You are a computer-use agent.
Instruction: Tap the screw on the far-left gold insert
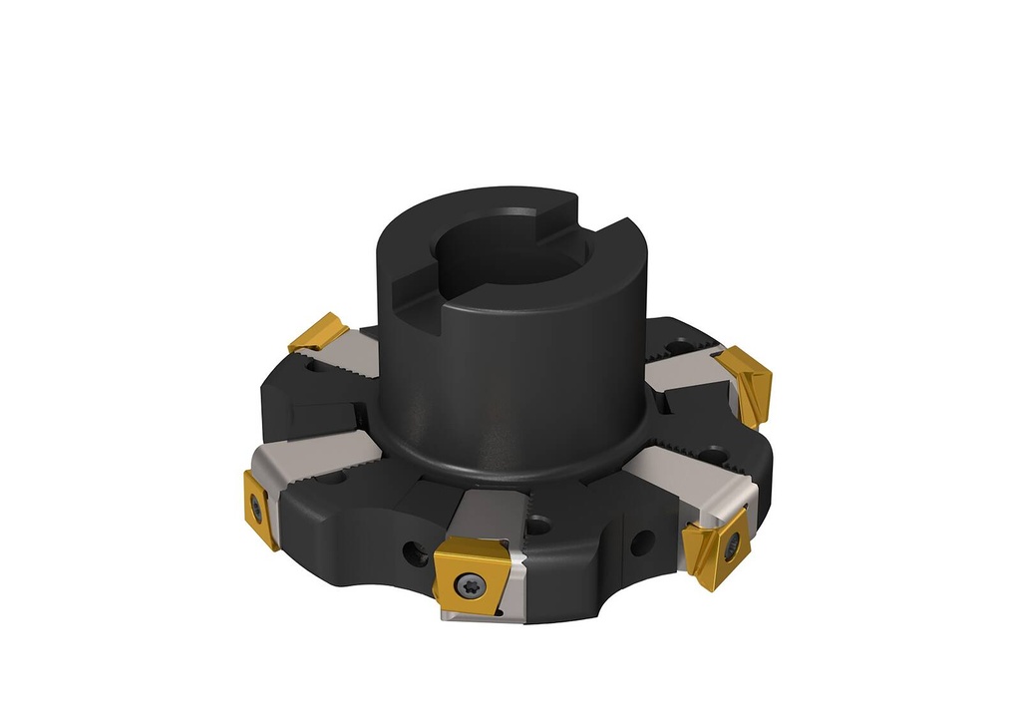(x=257, y=508)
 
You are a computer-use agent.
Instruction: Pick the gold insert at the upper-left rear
(x=318, y=332)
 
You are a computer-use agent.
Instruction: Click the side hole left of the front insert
(x=410, y=549)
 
